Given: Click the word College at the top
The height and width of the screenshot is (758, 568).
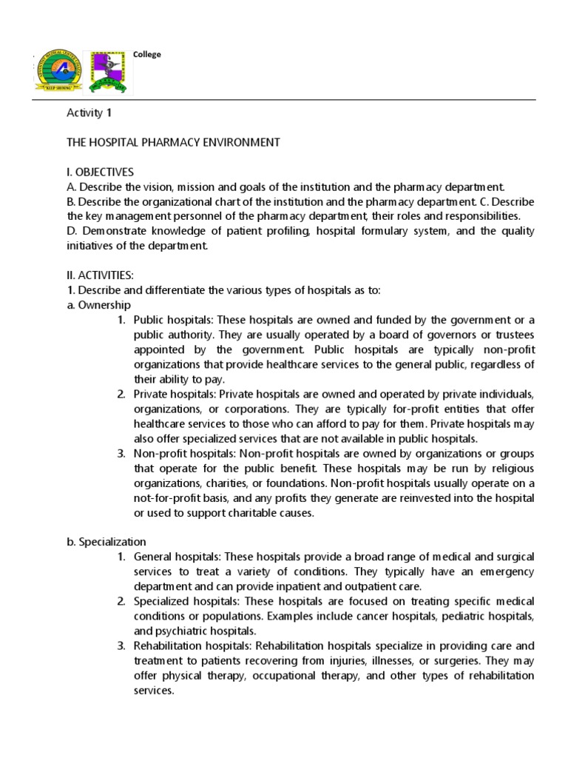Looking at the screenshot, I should [146, 54].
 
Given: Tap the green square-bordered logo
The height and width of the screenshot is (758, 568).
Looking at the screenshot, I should [109, 73].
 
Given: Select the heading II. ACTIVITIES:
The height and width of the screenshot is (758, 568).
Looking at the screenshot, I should [100, 275].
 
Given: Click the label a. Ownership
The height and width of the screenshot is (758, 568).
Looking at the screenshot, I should [98, 304].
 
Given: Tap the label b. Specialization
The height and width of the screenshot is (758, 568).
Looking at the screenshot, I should [106, 541].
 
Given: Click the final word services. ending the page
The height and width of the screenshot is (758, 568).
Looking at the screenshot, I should [153, 690].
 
